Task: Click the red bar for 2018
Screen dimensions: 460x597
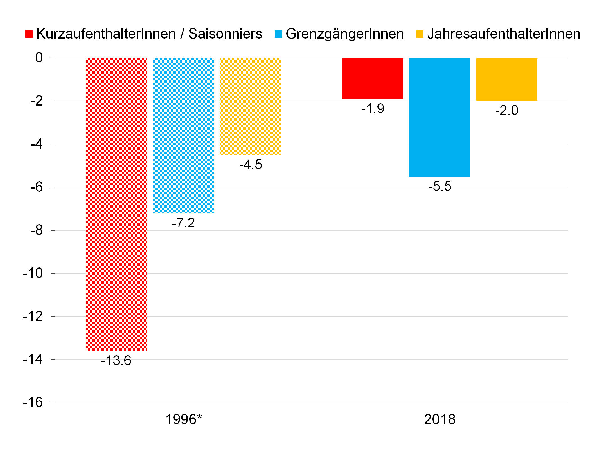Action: (372, 78)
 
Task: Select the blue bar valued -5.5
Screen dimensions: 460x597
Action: (439, 117)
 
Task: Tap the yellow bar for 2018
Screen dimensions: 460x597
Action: (506, 79)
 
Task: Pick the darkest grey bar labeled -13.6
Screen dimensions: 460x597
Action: (116, 204)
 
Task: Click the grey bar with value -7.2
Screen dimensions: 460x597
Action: (183, 135)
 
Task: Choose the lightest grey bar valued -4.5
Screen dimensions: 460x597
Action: (251, 106)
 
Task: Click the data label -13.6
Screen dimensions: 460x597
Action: (116, 361)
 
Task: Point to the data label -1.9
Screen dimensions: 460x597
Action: (373, 109)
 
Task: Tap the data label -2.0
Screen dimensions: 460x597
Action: (507, 110)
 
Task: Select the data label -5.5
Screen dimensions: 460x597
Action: (440, 186)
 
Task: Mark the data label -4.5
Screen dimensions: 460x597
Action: (251, 165)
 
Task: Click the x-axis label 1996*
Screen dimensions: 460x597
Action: (184, 419)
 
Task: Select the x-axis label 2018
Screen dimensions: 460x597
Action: (440, 419)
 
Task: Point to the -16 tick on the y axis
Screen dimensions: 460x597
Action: (33, 402)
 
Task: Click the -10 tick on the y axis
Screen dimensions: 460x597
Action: (33, 273)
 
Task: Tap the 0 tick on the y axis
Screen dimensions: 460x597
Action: (39, 58)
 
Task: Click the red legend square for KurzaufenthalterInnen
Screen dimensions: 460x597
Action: (29, 34)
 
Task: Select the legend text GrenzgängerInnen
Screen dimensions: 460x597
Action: (344, 34)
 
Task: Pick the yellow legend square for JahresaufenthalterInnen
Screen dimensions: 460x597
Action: (420, 34)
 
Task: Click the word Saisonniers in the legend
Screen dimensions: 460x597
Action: (225, 34)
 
